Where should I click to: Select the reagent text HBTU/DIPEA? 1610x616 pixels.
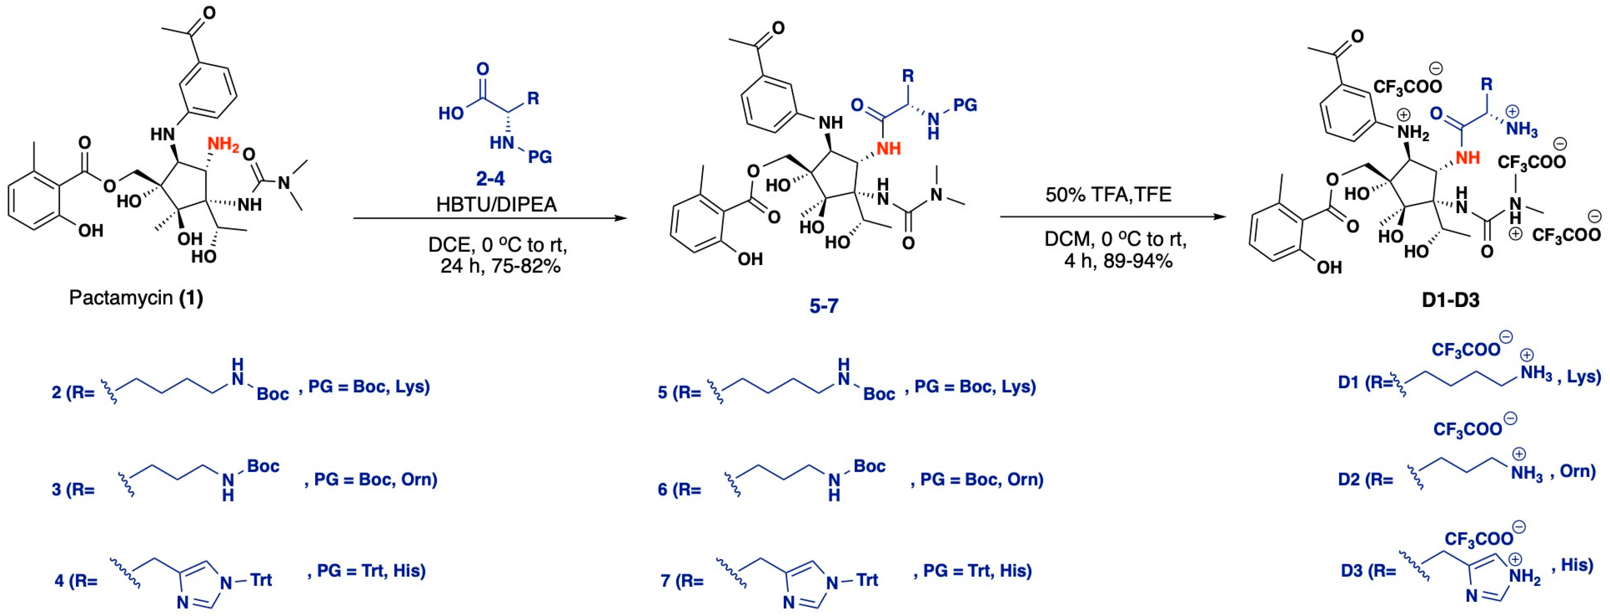click(496, 204)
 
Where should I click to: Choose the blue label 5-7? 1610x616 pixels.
click(824, 305)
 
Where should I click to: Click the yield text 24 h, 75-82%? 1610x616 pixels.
click(500, 266)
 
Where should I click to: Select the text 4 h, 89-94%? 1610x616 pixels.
click(1118, 261)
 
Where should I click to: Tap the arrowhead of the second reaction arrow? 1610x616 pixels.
click(1218, 217)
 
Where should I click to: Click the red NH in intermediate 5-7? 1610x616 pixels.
click(888, 148)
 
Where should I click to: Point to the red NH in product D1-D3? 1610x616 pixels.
click(1468, 157)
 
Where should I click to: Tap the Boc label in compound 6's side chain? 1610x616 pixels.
click(869, 466)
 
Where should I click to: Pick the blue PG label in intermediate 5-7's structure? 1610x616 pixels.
click(965, 105)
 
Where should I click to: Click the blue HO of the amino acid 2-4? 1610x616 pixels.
click(451, 113)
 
